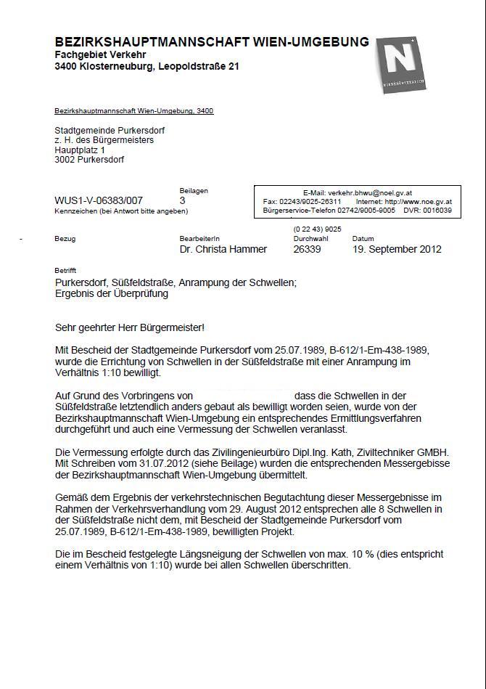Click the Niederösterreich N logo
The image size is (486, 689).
click(400, 65)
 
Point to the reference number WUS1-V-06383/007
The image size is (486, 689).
click(99, 200)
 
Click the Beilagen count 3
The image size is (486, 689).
click(182, 200)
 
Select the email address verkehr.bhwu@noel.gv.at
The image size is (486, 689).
click(370, 193)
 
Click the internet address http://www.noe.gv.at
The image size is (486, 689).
click(419, 202)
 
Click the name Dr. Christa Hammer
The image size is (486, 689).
click(223, 249)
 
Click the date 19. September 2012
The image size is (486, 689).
click(397, 249)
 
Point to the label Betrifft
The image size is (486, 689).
click(65, 270)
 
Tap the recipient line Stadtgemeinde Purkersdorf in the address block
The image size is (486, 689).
click(110, 130)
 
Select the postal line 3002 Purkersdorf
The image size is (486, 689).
click(89, 160)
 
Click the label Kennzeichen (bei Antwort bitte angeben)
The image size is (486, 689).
click(121, 211)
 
